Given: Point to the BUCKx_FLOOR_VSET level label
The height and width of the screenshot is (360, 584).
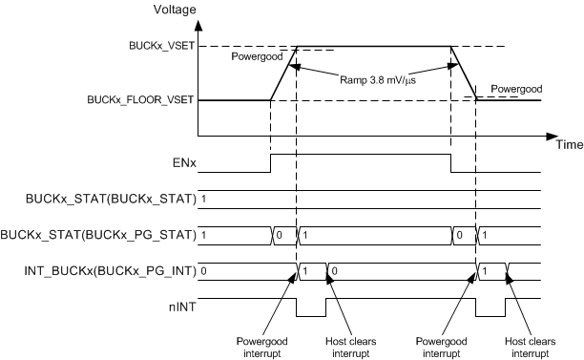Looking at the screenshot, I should coord(142,99).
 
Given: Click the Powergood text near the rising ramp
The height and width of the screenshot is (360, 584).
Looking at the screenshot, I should coord(258,57).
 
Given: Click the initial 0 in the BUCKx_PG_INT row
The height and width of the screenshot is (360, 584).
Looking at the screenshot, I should coord(205,271).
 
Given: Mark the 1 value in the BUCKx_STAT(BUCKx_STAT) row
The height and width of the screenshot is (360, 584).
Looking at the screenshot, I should coord(205,200).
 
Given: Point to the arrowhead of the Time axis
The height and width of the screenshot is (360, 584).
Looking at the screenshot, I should coord(553,136).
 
